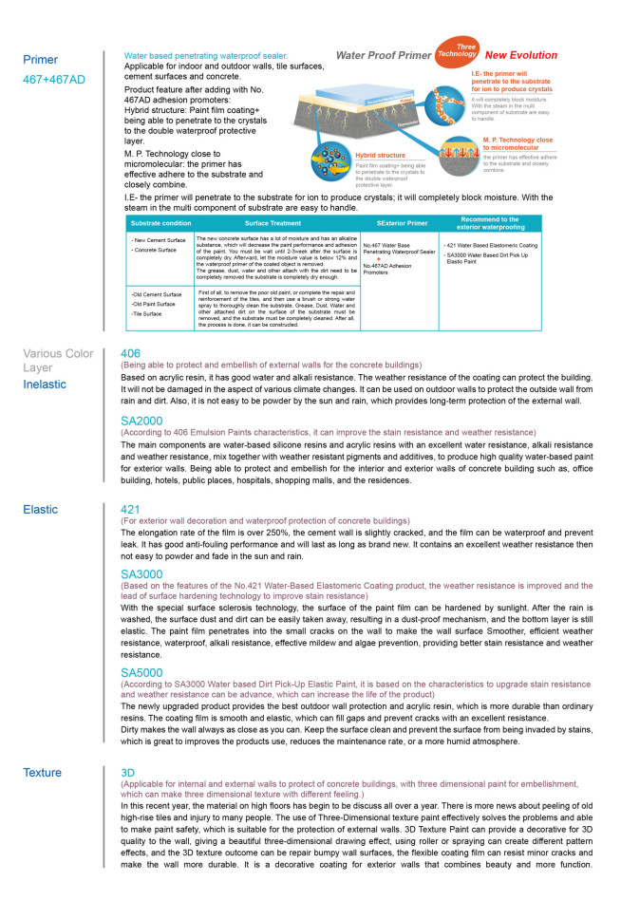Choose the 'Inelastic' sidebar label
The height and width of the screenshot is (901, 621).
[x=46, y=385]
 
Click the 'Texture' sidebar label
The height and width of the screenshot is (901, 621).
[x=43, y=773]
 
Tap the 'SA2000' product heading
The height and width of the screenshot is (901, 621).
[x=141, y=420]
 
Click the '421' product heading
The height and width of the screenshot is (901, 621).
[x=130, y=509]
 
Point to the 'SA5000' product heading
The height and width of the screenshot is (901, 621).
[x=141, y=672]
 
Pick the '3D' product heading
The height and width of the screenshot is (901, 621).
[x=128, y=773]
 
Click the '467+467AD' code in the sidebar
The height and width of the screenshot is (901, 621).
[x=53, y=80]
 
